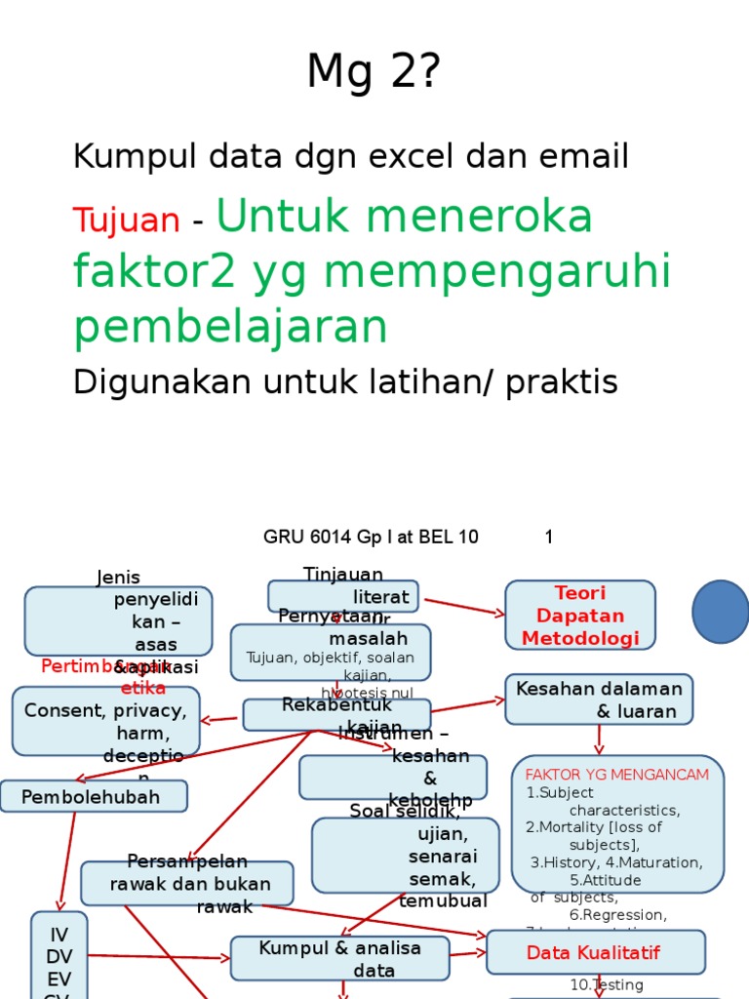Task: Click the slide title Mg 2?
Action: (374, 72)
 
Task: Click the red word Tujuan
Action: (126, 220)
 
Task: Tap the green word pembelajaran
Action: (230, 328)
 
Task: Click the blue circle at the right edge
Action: (722, 612)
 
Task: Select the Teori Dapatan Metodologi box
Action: (580, 616)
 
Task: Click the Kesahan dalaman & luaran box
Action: (599, 699)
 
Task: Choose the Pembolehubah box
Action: (94, 796)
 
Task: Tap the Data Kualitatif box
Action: (595, 952)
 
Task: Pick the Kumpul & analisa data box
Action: (339, 958)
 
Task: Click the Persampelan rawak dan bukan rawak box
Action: (186, 883)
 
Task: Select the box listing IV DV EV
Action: (59, 956)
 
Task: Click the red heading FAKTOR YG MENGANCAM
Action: (617, 775)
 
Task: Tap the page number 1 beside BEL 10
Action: (549, 537)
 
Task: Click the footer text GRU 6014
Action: (299, 537)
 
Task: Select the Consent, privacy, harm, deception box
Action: (105, 721)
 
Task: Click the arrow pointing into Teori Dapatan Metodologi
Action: (464, 606)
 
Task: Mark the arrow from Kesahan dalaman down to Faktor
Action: (599, 739)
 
